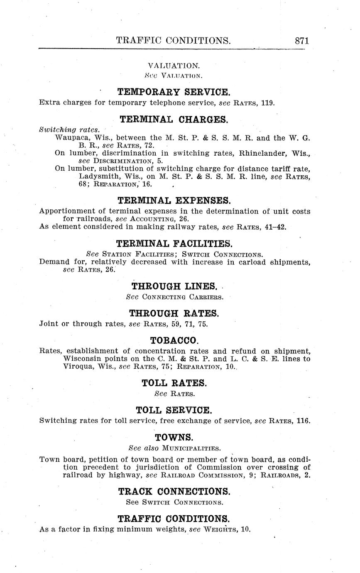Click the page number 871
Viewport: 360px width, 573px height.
(302, 40)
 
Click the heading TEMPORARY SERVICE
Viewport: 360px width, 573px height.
(174, 92)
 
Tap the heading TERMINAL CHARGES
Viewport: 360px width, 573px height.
(174, 120)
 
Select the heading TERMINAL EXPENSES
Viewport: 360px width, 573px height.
(174, 201)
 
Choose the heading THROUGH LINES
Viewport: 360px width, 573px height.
(174, 286)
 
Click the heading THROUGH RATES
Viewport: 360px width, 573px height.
(174, 313)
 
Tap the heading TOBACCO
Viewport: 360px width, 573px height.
(174, 340)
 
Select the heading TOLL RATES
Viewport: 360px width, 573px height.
(174, 383)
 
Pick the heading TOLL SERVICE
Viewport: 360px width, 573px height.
(174, 410)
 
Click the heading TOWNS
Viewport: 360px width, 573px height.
(174, 437)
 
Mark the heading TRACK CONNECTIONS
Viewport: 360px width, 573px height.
(174, 492)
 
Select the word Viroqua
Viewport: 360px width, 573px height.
(78, 367)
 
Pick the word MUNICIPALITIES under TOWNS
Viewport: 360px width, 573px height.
(190, 448)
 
